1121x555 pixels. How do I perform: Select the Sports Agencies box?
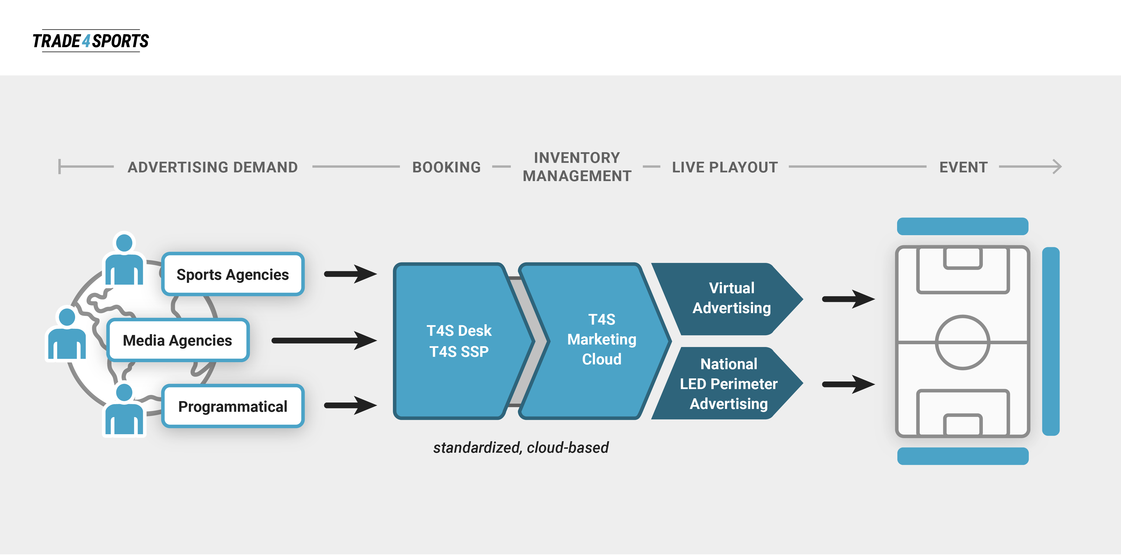[233, 274]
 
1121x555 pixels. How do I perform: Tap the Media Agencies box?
[178, 340]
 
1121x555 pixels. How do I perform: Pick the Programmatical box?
[233, 406]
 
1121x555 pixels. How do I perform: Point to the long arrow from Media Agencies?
[325, 340]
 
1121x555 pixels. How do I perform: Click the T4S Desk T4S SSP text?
[459, 341]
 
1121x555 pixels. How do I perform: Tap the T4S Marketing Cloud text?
[602, 339]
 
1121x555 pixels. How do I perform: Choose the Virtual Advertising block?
[727, 299]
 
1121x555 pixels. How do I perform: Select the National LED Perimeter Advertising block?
[727, 383]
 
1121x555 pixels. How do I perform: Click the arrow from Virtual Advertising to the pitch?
[849, 299]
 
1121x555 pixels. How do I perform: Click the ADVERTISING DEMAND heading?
[213, 167]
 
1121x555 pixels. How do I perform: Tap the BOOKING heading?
[446, 167]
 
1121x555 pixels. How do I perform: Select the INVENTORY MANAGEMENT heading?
[577, 167]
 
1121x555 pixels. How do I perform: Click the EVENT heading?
[963, 167]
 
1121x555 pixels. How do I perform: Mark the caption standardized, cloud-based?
[521, 447]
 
